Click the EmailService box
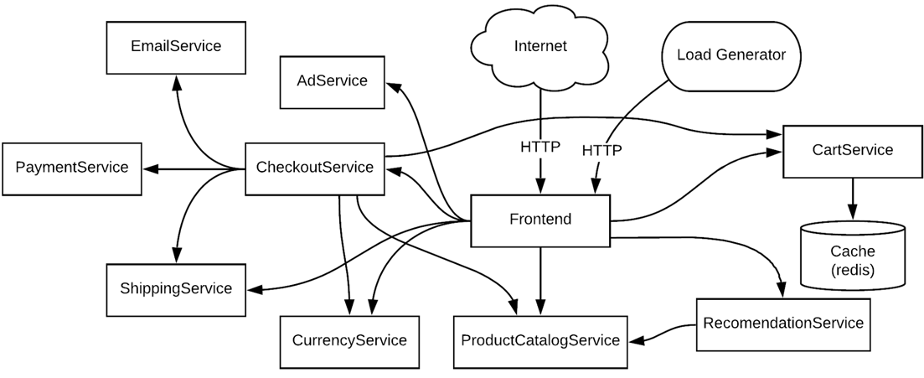[x=176, y=47]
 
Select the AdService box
[x=333, y=81]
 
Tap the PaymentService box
[x=72, y=168]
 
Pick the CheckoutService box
[x=314, y=168]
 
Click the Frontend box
[x=540, y=220]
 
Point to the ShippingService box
[x=176, y=289]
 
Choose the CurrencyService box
[x=349, y=341]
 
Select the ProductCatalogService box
[x=540, y=341]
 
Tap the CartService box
[x=852, y=151]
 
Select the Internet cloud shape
[x=540, y=47]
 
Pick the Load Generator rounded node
[x=730, y=55]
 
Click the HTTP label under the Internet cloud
[x=540, y=148]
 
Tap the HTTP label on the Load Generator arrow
[x=601, y=151]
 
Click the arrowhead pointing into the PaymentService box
[x=150, y=168]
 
